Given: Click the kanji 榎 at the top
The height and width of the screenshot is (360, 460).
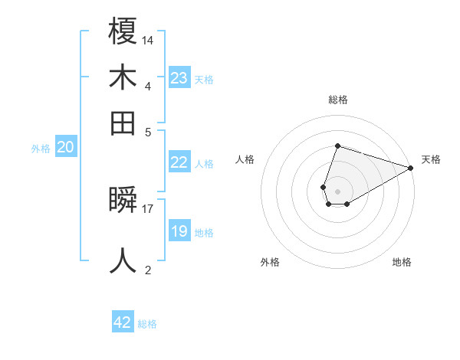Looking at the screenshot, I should pyautogui.click(x=123, y=31).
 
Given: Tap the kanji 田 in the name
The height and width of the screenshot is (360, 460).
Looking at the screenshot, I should pyautogui.click(x=123, y=123).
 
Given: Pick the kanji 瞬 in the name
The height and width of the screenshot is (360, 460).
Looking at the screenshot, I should pyautogui.click(x=123, y=201).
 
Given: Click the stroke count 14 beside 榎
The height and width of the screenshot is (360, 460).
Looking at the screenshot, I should pyautogui.click(x=148, y=40).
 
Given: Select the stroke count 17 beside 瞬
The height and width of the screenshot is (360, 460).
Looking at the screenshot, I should pyautogui.click(x=148, y=208).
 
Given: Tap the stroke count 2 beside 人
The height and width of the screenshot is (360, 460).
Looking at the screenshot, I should pyautogui.click(x=148, y=270).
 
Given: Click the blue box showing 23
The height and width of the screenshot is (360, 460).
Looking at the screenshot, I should pyautogui.click(x=179, y=78).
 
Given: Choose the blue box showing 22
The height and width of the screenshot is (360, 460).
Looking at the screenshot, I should pyautogui.click(x=179, y=162).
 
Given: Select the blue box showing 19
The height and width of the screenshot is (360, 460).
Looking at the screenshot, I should pyautogui.click(x=179, y=231).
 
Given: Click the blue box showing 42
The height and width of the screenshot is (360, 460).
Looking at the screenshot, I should pyautogui.click(x=123, y=322).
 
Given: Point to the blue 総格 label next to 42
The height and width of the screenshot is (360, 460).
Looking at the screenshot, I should pyautogui.click(x=147, y=324).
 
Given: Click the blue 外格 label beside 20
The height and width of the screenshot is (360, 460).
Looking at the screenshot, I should pyautogui.click(x=41, y=149).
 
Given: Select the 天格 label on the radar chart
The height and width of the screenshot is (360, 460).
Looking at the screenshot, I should pyautogui.click(x=431, y=159).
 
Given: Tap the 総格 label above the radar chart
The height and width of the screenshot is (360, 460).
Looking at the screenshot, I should pyautogui.click(x=338, y=100).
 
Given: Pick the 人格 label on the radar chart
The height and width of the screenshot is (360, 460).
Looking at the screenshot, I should pyautogui.click(x=245, y=159).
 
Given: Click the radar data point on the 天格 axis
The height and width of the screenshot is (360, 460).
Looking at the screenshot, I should pyautogui.click(x=411, y=167).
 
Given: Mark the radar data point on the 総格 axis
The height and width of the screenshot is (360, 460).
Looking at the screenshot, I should pyautogui.click(x=337, y=146).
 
